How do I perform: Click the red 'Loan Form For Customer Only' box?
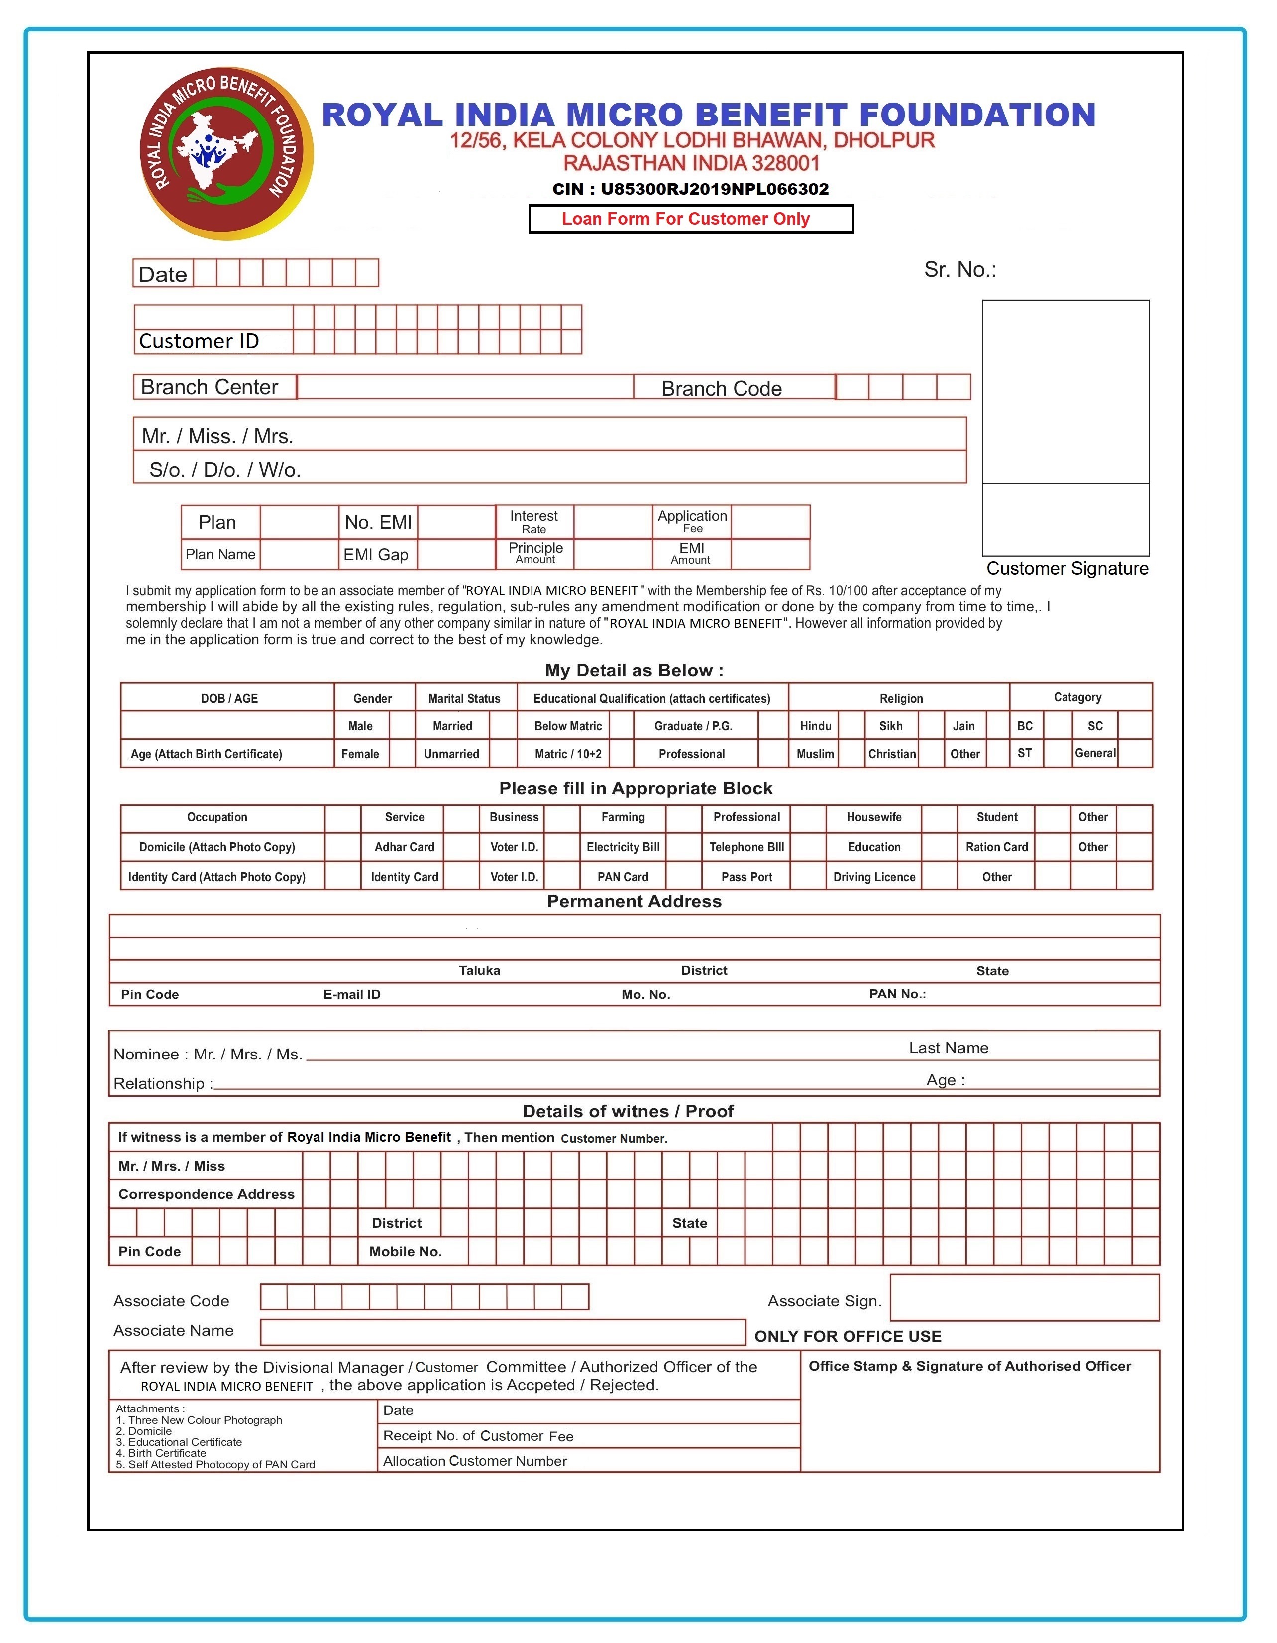click(690, 219)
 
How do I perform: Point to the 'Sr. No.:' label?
click(959, 270)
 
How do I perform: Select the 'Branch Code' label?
click(721, 388)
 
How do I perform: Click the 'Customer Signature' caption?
click(1066, 568)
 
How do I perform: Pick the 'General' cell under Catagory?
click(1094, 753)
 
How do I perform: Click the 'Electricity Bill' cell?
click(623, 847)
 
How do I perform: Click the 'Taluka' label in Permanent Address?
click(479, 970)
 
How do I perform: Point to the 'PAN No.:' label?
click(897, 994)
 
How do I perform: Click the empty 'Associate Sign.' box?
click(1024, 1297)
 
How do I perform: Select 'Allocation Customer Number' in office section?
click(475, 1461)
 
